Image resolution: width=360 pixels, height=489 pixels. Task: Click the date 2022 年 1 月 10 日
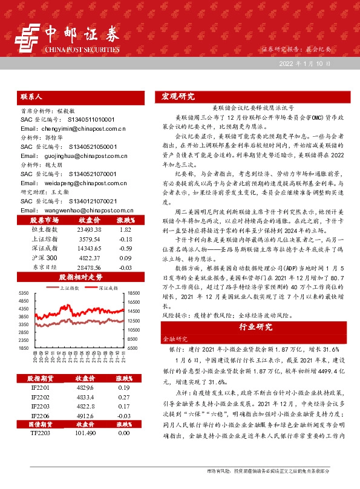pyautogui.click(x=305, y=64)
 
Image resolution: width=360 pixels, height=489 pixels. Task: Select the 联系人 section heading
pyautogui.click(x=31, y=97)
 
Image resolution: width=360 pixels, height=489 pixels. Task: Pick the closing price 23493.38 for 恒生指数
pyautogui.click(x=90, y=230)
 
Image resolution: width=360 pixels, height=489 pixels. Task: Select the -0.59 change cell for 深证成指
pyautogui.click(x=126, y=248)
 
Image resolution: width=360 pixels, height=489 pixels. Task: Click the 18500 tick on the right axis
pyautogui.click(x=134, y=294)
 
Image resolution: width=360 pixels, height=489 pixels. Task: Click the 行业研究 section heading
pyautogui.click(x=255, y=326)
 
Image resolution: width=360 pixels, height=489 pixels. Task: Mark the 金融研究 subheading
pyautogui.click(x=176, y=340)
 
